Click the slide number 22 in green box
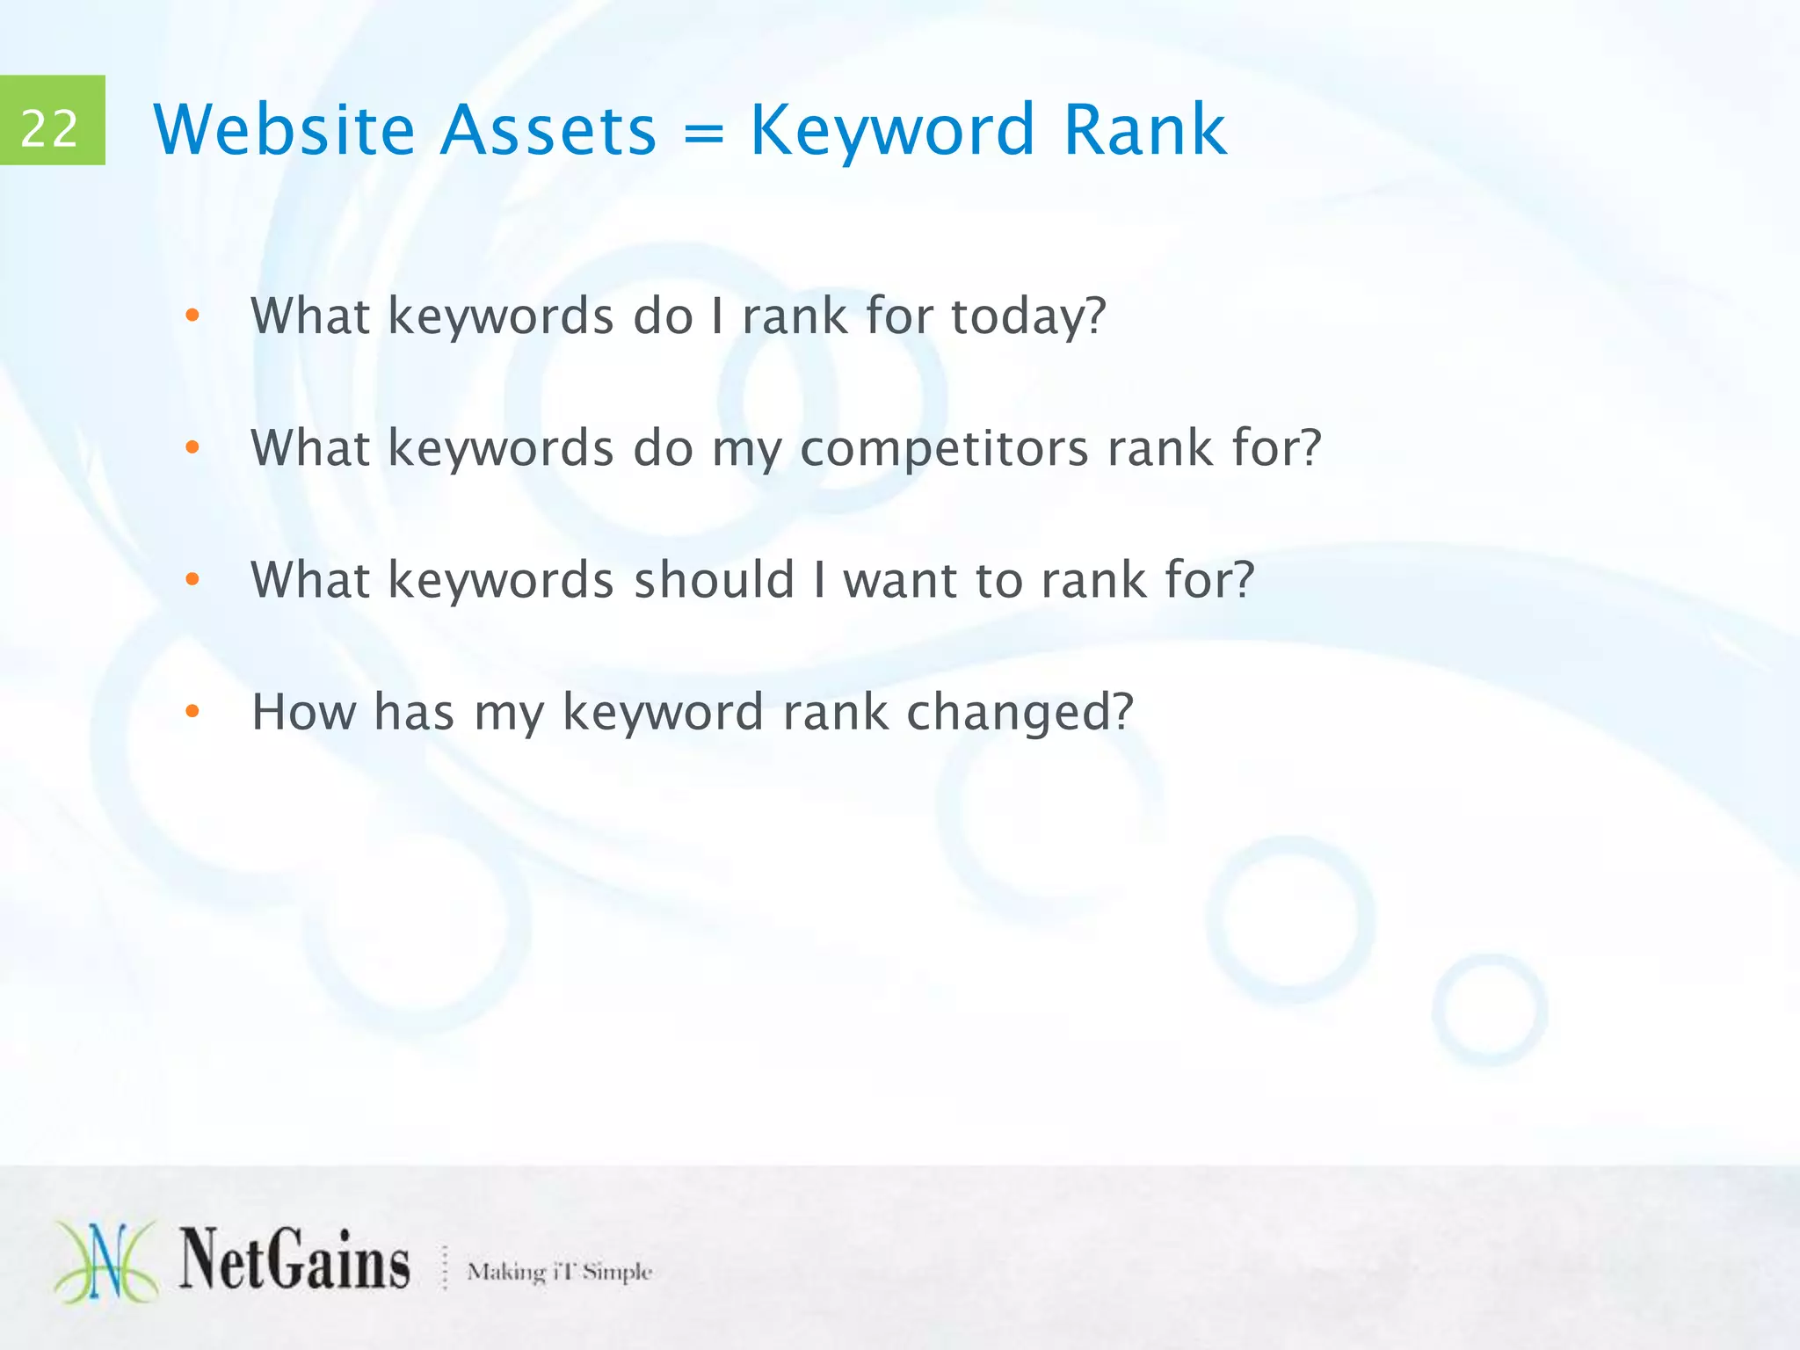pos(50,128)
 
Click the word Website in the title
pos(283,130)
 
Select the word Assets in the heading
pos(548,130)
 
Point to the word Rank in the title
pos(1144,130)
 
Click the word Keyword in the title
pos(892,130)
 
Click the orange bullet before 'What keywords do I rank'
pos(192,316)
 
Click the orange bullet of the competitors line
pos(192,448)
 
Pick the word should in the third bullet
pos(714,580)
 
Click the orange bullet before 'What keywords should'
pos(192,580)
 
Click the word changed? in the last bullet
pos(1020,713)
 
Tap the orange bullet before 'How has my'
pos(192,712)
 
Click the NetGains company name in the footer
pos(294,1261)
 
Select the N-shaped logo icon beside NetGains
pos(105,1261)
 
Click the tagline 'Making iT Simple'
pos(559,1271)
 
